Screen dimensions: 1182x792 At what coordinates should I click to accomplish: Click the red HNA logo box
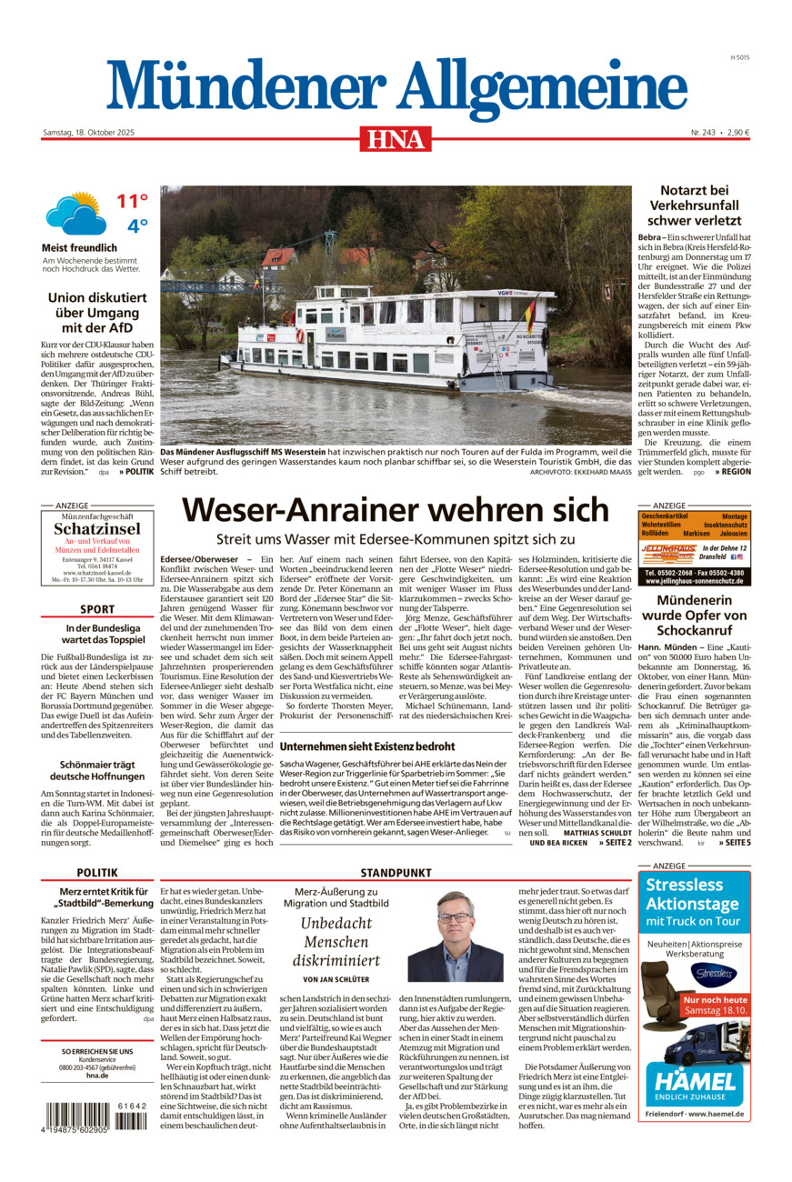pos(396,138)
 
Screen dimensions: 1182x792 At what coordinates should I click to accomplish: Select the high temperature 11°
pos(131,201)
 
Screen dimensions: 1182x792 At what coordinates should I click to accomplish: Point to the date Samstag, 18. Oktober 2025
pos(88,133)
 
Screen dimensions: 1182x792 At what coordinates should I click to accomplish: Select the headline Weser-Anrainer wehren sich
pos(395,509)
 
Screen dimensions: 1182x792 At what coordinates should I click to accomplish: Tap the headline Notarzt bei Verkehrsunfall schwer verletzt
pos(695,205)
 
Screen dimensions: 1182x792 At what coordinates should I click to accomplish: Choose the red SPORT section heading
pos(97,609)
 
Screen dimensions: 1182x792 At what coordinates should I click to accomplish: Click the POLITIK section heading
pos(97,880)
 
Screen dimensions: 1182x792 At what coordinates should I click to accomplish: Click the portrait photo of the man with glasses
pos(455,937)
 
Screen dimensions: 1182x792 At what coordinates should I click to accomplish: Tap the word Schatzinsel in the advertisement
pos(96,529)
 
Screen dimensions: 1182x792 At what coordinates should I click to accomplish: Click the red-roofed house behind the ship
pos(278,258)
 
